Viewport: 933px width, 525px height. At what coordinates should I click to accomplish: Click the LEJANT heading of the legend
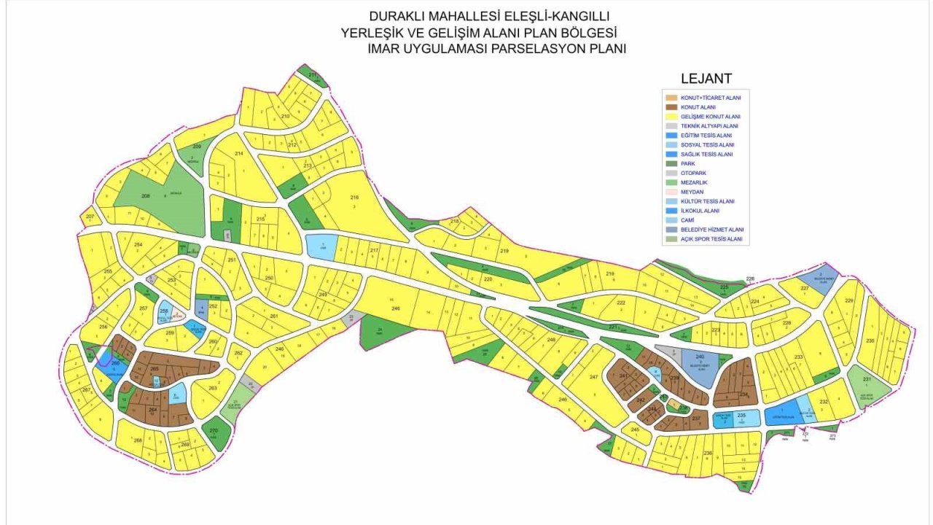706,79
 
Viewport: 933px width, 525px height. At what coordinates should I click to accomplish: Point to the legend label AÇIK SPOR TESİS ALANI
711,239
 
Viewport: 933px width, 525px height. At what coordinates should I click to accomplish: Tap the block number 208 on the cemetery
145,196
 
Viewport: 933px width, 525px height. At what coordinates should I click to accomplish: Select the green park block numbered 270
214,431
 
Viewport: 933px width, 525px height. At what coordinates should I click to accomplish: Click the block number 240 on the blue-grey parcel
700,357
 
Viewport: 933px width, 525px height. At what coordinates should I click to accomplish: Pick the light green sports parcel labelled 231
867,380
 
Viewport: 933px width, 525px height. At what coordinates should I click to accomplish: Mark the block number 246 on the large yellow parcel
396,309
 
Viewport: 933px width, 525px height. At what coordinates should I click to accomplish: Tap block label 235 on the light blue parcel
741,416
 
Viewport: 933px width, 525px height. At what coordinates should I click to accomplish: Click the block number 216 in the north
355,198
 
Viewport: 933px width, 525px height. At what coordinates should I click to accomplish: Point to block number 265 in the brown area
155,369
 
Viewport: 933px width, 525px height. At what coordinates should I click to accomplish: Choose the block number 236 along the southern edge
708,454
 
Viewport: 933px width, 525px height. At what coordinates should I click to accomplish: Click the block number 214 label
238,154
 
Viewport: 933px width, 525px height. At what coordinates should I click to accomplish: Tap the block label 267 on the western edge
85,390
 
